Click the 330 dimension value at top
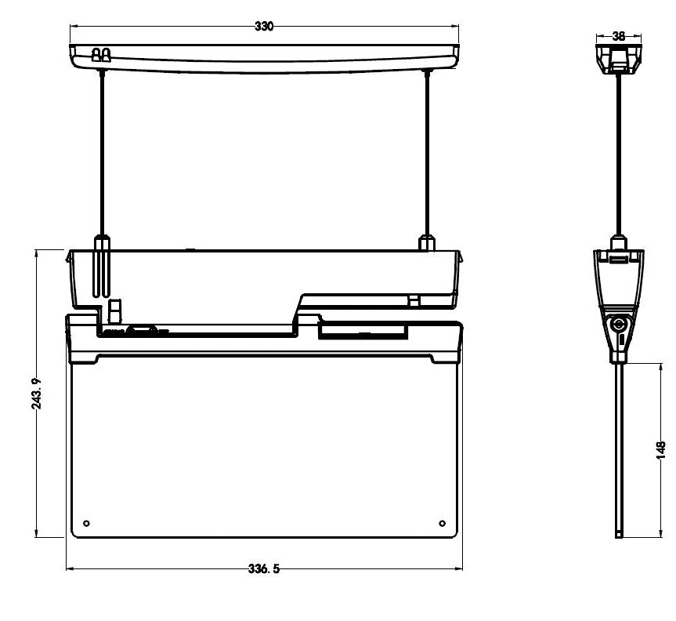click(264, 27)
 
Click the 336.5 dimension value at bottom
click(264, 569)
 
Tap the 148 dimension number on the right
click(661, 449)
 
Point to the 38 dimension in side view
click(618, 36)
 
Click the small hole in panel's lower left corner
click(86, 523)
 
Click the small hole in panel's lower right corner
click(442, 523)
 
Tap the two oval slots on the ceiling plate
click(100, 55)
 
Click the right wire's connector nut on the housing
click(427, 241)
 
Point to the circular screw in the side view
click(619, 323)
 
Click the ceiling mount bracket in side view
click(618, 57)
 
